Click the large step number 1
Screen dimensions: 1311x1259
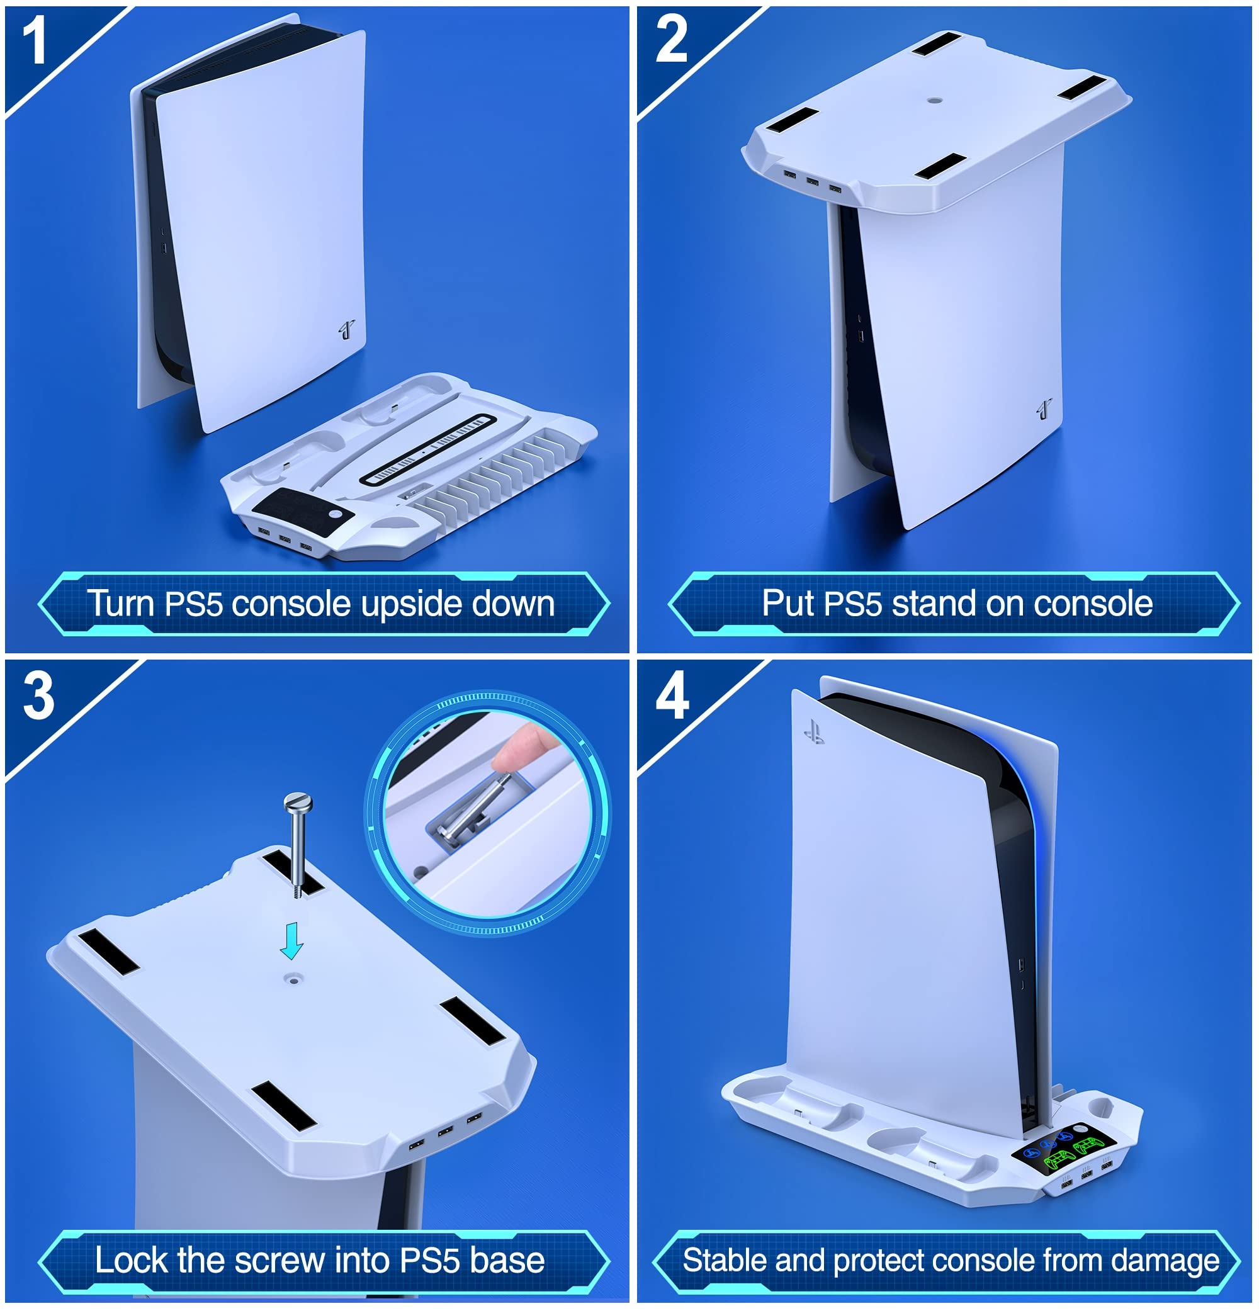[34, 42]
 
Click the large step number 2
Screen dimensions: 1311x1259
[672, 40]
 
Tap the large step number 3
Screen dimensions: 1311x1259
[39, 696]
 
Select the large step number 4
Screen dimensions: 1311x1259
[672, 696]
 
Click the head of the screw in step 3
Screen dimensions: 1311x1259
[298, 801]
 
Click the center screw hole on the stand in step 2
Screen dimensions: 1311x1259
[935, 101]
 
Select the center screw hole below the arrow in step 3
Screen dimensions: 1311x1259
[292, 979]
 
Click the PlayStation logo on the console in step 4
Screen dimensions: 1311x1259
[814, 732]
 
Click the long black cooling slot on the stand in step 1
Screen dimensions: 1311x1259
[428, 449]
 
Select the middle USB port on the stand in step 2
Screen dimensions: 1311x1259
[812, 181]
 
